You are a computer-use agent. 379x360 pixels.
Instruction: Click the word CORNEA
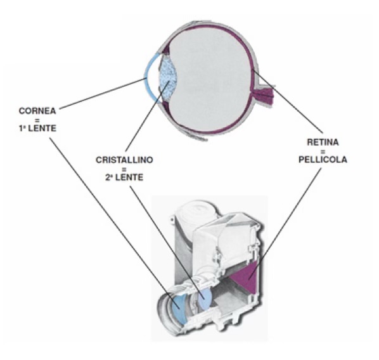(x=37, y=111)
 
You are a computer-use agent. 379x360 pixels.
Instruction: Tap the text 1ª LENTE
(x=37, y=129)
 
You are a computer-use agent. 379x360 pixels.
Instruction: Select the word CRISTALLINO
(x=124, y=160)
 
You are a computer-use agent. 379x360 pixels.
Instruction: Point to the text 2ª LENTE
(x=124, y=177)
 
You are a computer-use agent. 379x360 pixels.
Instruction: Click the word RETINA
(x=323, y=142)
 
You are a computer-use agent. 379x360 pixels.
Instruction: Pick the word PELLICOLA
(x=323, y=160)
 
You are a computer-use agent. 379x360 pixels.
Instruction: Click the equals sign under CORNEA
(x=37, y=120)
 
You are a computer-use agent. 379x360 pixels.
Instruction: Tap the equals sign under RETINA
(x=323, y=151)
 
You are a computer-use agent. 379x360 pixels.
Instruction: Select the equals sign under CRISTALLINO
(x=124, y=169)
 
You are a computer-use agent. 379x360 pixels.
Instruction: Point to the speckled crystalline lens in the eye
(x=168, y=78)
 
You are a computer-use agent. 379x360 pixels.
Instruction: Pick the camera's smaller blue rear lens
(x=205, y=299)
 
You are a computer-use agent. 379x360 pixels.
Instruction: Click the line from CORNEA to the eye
(x=102, y=94)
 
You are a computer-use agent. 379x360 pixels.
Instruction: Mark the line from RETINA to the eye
(x=287, y=101)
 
